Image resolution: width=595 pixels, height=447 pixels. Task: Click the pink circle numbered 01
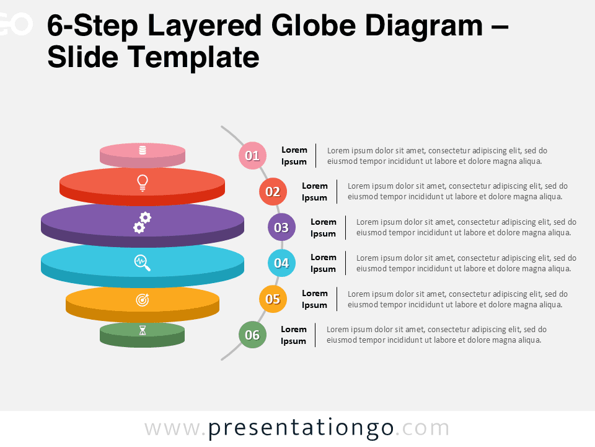tap(252, 156)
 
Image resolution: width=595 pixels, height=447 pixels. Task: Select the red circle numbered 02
tap(273, 192)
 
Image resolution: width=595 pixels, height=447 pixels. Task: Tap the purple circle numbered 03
tap(281, 227)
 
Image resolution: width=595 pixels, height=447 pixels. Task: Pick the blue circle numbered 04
tap(281, 263)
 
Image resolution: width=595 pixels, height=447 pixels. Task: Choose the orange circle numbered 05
tap(273, 299)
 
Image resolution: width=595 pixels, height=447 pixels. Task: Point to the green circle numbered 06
tap(252, 335)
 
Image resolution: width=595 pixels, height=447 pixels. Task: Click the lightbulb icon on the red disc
tap(143, 183)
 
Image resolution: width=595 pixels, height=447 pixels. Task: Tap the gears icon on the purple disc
tap(143, 222)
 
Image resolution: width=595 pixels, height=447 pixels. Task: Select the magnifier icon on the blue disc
tap(143, 263)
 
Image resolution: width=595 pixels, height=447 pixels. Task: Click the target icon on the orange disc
tap(143, 300)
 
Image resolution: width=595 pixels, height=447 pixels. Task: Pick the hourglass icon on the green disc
tap(143, 330)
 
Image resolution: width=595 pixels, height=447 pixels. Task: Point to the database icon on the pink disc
tap(143, 150)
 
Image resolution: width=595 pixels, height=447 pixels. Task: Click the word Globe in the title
tap(314, 26)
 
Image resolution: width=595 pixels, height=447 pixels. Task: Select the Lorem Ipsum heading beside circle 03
tap(324, 227)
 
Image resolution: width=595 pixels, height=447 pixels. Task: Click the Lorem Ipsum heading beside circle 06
tap(294, 335)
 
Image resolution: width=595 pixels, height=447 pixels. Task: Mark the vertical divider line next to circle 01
tap(316, 155)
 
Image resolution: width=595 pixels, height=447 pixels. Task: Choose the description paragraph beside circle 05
tap(457, 299)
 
